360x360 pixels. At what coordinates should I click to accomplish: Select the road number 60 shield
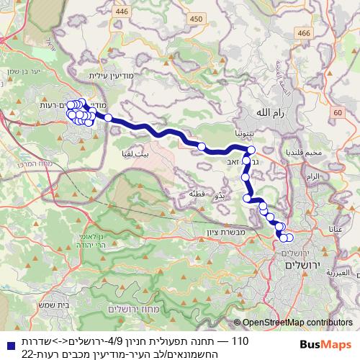[338, 113]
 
